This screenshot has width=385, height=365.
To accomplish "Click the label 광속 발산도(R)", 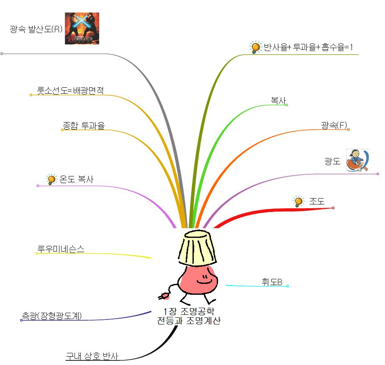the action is [36, 29].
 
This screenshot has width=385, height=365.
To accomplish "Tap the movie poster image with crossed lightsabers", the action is [82, 28].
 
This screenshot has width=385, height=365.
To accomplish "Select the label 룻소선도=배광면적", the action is [70, 90].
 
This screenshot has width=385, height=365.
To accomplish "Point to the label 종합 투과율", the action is [84, 125].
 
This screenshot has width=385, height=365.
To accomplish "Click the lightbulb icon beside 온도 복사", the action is [51, 179].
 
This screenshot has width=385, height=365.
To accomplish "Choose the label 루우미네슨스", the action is [61, 249].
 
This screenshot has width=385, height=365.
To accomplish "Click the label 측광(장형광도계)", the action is [52, 315].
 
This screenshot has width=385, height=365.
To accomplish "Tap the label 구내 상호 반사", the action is [92, 356].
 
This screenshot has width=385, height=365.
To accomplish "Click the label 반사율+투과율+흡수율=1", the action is [308, 47].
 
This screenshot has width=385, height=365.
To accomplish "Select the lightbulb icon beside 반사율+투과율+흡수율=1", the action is [255, 47].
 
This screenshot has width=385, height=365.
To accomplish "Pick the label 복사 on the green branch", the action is [278, 100].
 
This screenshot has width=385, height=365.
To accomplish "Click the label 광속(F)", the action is [334, 125].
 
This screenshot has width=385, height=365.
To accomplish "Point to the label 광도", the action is [332, 161].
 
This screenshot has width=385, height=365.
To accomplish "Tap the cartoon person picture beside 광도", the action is [358, 161].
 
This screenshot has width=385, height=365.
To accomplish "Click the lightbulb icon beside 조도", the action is [298, 202].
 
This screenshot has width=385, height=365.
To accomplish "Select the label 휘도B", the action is [272, 282].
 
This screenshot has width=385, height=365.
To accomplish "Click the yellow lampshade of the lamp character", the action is [197, 248].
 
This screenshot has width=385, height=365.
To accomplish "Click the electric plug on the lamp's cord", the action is [164, 296].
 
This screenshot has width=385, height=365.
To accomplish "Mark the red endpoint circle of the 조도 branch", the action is [333, 208].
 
